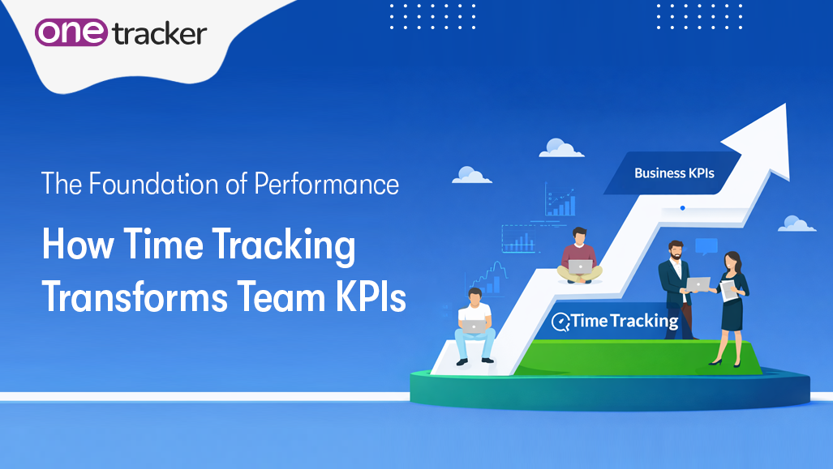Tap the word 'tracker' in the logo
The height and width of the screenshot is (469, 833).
pyautogui.click(x=160, y=34)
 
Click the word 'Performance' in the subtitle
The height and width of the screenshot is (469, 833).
pyautogui.click(x=327, y=185)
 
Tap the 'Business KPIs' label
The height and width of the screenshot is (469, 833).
pyautogui.click(x=674, y=173)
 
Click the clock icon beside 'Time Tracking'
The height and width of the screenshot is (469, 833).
pyautogui.click(x=560, y=322)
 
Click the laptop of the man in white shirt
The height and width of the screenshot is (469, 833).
pyautogui.click(x=473, y=326)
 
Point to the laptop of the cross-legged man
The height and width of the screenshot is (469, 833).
pyautogui.click(x=580, y=266)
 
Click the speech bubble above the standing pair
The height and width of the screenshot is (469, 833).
pyautogui.click(x=706, y=246)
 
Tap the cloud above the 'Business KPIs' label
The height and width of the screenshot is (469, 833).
pyautogui.click(x=561, y=147)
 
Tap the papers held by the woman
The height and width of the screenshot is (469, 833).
pyautogui.click(x=729, y=290)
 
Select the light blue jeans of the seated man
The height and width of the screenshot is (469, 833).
pyautogui.click(x=474, y=343)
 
